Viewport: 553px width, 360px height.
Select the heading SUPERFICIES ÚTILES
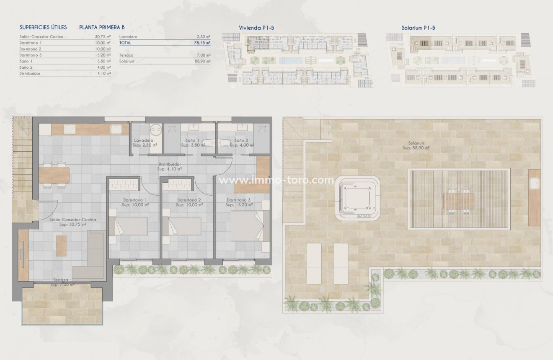[43, 28]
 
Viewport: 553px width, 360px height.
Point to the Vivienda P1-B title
[256, 28]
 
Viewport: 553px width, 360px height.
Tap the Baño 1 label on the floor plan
[192, 140]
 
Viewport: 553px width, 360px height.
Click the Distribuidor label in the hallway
[169, 164]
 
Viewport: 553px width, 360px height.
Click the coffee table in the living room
[61, 246]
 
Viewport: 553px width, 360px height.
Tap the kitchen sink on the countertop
[116, 129]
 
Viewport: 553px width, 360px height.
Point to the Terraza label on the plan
[61, 280]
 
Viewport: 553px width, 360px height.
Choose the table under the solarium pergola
[459, 200]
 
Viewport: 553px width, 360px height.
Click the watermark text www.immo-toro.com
[277, 181]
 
